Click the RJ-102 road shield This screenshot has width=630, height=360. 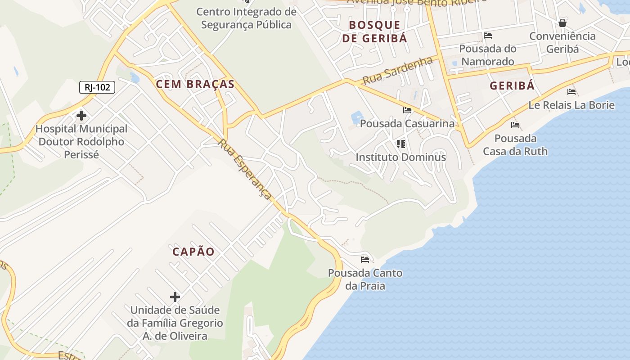97,87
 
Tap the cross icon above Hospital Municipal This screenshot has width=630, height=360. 81,116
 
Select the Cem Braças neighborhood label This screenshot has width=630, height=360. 195,84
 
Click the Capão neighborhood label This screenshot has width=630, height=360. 193,252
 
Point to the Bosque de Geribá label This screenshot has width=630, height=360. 374,31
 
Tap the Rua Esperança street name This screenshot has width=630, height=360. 245,169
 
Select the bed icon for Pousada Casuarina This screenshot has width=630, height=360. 407,110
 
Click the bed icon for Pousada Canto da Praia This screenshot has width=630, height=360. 365,260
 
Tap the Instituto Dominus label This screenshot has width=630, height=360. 400,157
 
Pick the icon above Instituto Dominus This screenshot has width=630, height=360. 400,144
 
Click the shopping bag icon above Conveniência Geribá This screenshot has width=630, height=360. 562,23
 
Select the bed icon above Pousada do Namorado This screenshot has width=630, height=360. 488,36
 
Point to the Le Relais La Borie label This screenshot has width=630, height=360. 571,105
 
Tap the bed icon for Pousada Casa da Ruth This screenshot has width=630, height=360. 515,125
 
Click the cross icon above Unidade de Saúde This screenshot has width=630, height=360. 175,297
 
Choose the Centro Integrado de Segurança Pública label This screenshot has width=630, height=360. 246,18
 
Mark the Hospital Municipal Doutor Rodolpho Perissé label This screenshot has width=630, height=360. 81,141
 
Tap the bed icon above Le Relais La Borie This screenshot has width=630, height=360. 571,92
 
